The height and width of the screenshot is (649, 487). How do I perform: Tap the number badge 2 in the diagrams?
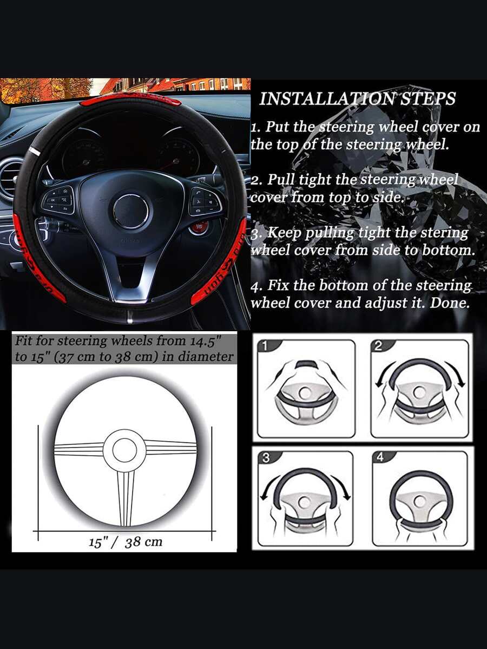coord(377,346)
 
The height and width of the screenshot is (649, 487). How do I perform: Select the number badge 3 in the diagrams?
coord(266,458)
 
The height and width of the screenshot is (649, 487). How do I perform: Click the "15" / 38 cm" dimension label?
coord(126,542)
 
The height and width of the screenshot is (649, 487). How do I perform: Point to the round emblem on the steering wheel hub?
coord(131,211)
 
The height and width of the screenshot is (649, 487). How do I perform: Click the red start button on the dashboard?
coord(199,227)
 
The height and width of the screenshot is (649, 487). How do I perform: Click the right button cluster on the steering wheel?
coord(203,200)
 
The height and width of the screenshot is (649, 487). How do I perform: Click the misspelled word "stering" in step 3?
coord(444,233)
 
